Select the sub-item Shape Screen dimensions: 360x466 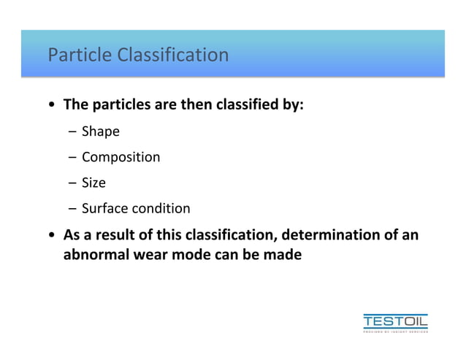(100, 132)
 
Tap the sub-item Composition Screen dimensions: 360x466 (121, 158)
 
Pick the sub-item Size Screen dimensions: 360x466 (93, 183)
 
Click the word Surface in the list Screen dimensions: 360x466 (104, 209)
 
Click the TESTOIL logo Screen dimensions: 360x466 (395, 322)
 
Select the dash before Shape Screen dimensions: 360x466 (73, 133)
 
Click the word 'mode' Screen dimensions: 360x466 (188, 256)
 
